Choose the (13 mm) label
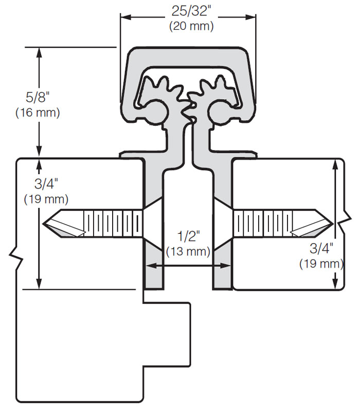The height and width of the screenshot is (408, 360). click(x=188, y=251)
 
